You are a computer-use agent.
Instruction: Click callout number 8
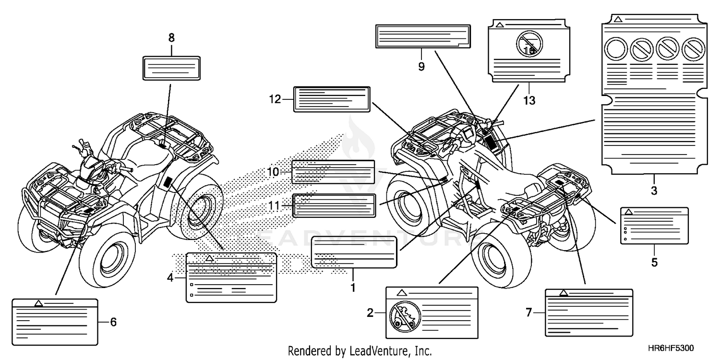coord(172,37)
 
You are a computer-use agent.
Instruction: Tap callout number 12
coord(275,100)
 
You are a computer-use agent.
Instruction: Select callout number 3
coord(654,190)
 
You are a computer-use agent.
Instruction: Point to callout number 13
coord(529,101)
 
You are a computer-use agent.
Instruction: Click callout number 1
coord(353,288)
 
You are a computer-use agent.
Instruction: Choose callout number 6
coord(113,322)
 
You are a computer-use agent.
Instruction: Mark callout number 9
coord(421,66)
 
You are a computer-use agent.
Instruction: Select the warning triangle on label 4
coord(209,258)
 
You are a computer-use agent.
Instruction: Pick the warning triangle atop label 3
coord(618,19)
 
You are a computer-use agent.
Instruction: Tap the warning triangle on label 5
coord(629,211)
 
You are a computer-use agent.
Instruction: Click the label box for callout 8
coord(172,67)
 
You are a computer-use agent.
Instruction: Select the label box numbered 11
coord(334,206)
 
